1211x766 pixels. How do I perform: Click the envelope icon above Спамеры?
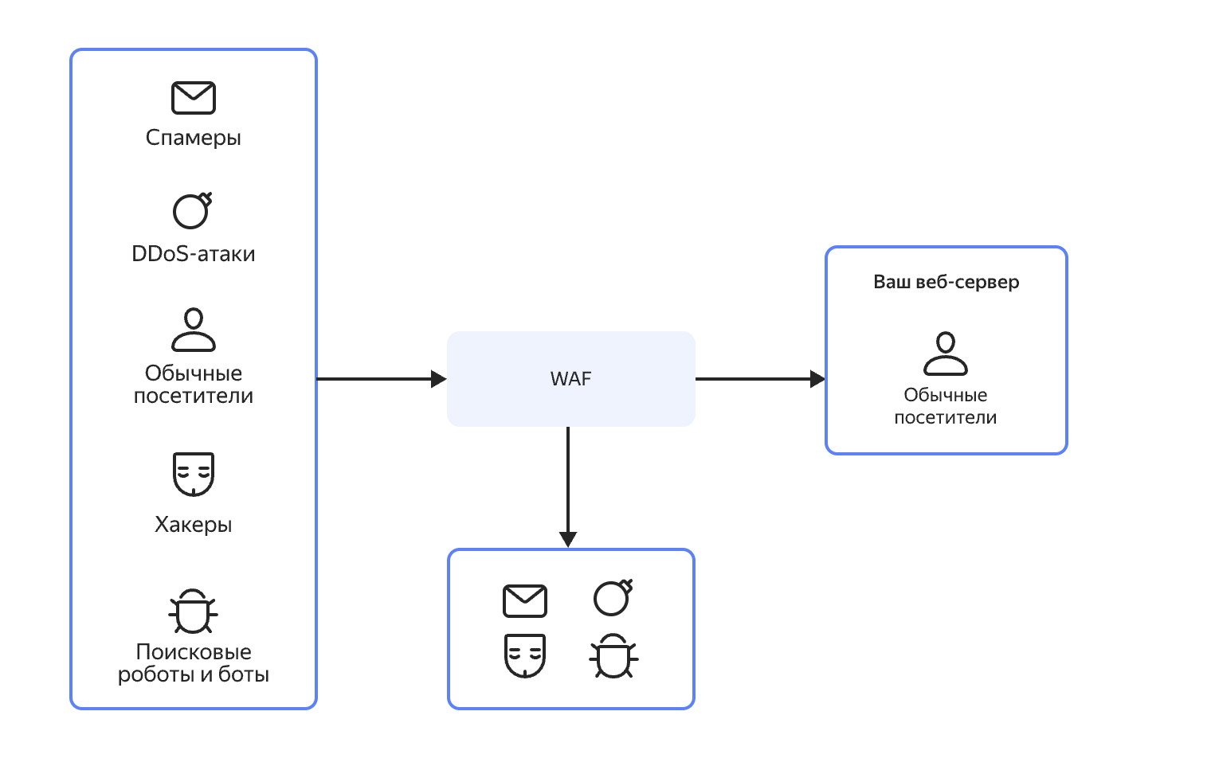click(194, 98)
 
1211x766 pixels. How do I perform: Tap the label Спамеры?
click(194, 138)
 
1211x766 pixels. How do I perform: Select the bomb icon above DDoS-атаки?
click(192, 211)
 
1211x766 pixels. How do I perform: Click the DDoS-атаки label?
click(194, 254)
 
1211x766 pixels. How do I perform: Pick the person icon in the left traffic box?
click(194, 330)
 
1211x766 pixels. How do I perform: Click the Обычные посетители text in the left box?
click(194, 385)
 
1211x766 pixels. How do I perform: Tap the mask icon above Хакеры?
click(194, 474)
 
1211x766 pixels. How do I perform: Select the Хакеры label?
click(194, 525)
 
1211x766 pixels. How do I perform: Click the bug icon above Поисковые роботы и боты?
click(193, 612)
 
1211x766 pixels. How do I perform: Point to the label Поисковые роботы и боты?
click(194, 663)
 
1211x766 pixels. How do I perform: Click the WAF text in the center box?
click(570, 379)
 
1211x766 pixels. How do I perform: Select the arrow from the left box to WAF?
click(381, 379)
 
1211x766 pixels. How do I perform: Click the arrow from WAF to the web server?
click(759, 379)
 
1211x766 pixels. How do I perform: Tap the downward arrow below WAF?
click(568, 486)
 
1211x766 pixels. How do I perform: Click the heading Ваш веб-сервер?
click(946, 282)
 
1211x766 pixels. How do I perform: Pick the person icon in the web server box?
click(946, 354)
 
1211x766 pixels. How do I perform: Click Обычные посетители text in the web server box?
click(946, 406)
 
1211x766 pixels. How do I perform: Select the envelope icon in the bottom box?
click(525, 601)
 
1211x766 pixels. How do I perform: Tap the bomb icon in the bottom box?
click(613, 598)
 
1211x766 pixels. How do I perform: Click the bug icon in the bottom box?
click(613, 656)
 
